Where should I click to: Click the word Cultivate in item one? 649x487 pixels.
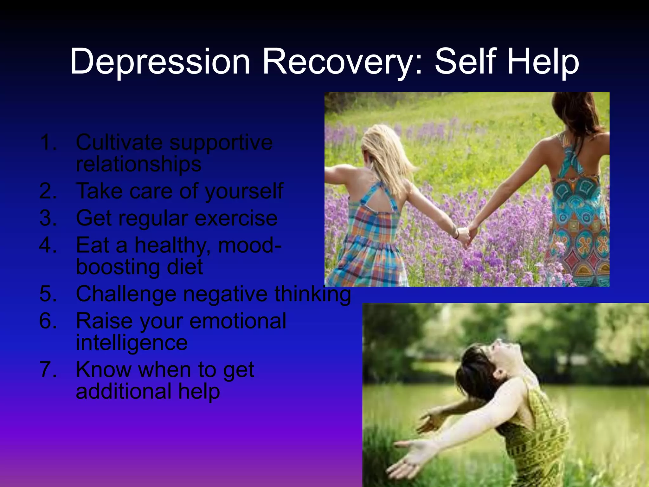[119, 142]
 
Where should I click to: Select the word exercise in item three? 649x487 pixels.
[236, 218]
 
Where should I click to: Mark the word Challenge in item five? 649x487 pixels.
[126, 294]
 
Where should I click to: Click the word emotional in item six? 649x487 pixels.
[238, 321]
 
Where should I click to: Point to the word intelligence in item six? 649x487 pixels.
[132, 343]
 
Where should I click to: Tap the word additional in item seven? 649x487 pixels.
[123, 391]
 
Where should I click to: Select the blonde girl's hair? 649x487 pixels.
[385, 152]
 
